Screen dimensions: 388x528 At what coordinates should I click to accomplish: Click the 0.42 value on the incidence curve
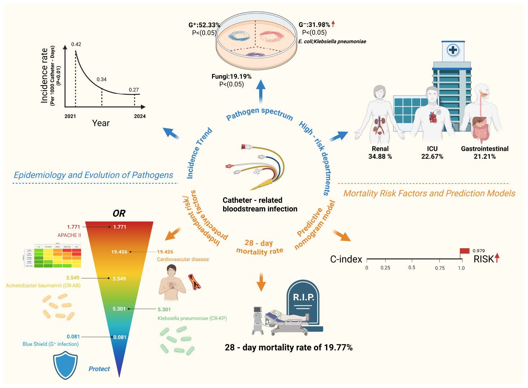(76, 44)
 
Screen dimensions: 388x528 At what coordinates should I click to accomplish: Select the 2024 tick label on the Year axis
(140, 116)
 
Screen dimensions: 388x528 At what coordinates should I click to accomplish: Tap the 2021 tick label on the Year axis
(70, 116)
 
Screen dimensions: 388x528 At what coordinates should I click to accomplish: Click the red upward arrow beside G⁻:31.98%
(333, 24)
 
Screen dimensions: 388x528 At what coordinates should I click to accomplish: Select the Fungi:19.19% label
(231, 76)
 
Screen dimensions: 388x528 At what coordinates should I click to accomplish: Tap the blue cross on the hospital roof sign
(453, 50)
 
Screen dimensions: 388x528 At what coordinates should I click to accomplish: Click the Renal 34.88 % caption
(380, 153)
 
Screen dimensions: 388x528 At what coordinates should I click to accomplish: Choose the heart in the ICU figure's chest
(433, 117)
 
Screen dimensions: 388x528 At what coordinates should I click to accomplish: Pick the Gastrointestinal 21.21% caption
(485, 153)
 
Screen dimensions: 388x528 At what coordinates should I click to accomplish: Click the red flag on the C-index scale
(464, 251)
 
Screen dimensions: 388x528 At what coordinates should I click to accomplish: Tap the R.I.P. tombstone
(303, 303)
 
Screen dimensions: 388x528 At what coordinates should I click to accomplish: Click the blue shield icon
(65, 365)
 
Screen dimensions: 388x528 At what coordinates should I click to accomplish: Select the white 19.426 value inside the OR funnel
(119, 252)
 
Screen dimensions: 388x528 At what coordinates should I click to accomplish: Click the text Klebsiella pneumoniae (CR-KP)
(192, 318)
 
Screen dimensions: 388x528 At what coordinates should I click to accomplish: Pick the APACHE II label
(69, 235)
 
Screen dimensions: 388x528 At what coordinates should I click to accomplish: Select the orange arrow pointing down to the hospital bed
(261, 282)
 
